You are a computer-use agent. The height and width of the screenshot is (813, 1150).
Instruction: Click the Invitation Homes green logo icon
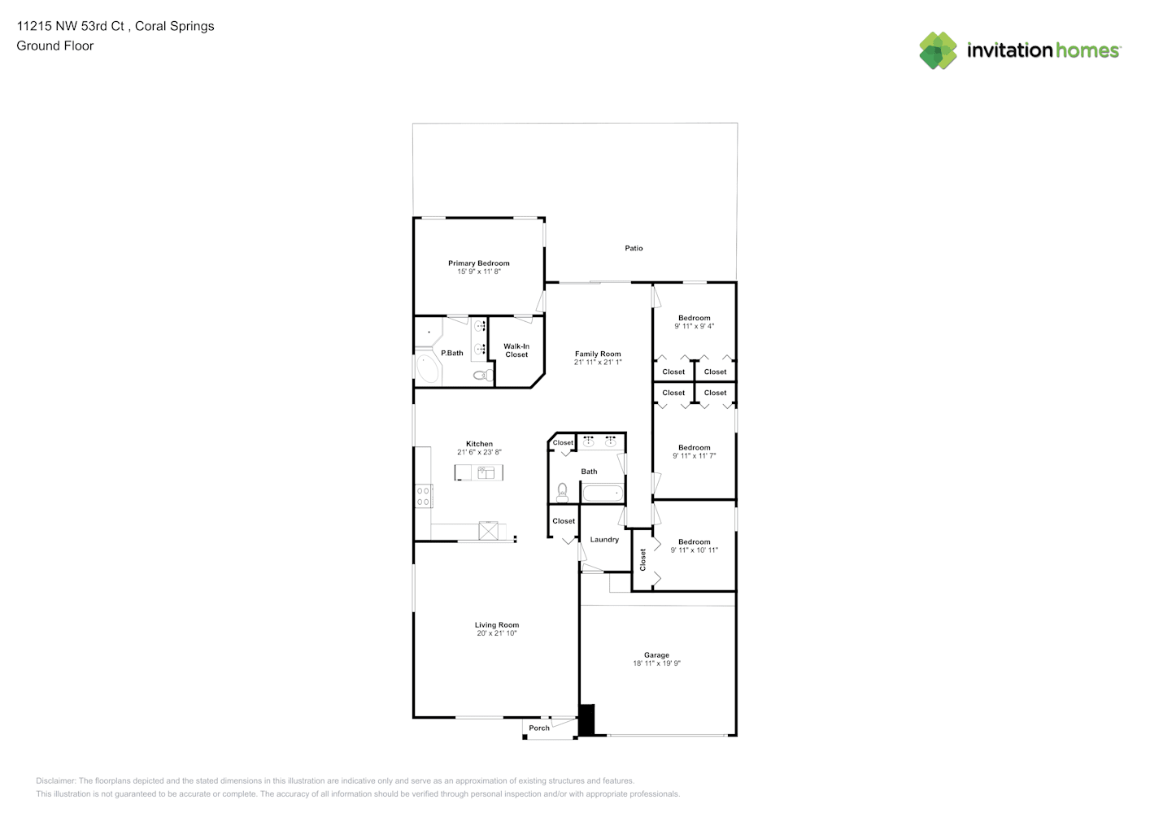coord(938,50)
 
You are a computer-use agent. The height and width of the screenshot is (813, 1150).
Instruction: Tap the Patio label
coord(634,248)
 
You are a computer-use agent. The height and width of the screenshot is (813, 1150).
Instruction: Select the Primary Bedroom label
coord(478,263)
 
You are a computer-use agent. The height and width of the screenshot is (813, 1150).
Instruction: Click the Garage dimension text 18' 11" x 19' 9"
coord(656,663)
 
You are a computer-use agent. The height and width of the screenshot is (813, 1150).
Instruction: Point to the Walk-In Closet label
coord(516,350)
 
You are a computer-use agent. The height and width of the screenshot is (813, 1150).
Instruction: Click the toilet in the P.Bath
coord(482,375)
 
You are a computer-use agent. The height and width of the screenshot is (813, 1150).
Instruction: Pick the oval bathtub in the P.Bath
coord(428,368)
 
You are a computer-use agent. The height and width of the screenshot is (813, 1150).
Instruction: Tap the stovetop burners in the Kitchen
coord(423,496)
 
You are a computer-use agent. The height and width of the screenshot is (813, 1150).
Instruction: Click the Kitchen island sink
coord(486,472)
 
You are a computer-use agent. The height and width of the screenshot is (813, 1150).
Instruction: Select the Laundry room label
coord(604,540)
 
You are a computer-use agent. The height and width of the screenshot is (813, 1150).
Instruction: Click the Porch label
coord(539,728)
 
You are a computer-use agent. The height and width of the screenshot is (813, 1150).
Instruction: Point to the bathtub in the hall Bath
coord(603,493)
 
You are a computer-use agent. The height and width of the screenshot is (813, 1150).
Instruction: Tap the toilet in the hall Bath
coord(563,493)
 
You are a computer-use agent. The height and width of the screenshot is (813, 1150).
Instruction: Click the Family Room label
coord(598,354)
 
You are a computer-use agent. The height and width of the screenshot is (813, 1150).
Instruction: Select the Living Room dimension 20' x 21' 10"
coord(496,633)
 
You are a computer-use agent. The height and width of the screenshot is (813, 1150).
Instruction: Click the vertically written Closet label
coord(643,559)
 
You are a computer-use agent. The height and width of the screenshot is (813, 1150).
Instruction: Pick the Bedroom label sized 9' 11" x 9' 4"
coord(694,318)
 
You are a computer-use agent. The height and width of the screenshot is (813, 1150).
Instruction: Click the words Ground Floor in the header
coord(55,46)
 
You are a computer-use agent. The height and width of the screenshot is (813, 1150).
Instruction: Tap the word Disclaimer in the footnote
coord(55,780)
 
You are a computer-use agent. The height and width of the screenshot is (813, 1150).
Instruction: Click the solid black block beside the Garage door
coord(586,720)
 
